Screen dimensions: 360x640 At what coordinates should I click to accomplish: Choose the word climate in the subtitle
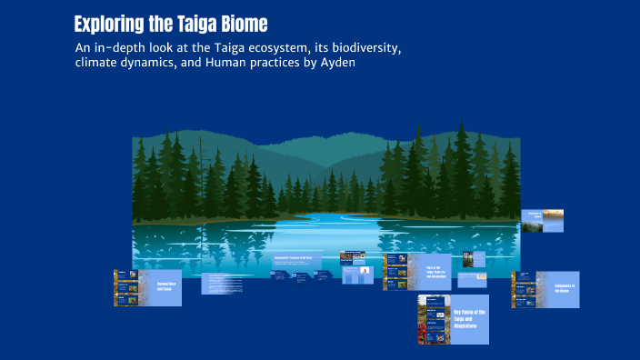[98, 65]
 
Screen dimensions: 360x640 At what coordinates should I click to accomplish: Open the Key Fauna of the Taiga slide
[453, 319]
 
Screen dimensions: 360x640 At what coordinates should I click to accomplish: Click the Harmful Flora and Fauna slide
[147, 287]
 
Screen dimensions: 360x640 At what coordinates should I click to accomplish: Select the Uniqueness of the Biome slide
[545, 289]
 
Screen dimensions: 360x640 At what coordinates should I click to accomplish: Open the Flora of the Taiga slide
[417, 272]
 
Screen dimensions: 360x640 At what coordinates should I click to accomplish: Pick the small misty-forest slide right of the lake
[543, 221]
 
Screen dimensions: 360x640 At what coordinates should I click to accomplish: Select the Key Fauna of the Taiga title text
[469, 319]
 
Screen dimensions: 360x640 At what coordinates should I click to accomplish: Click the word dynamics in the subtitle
[163, 65]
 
